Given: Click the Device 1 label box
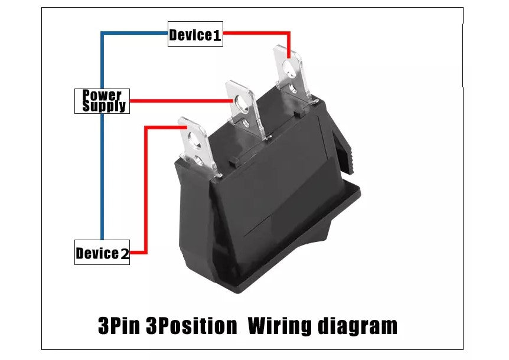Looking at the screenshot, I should coord(195,35).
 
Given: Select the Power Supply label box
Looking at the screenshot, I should coord(102,100).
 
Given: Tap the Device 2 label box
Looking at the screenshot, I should coord(102,253).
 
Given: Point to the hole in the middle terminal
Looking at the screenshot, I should coord(241,103).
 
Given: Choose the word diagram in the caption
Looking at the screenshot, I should coord(357,326).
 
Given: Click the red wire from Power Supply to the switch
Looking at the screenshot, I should coord(177,101).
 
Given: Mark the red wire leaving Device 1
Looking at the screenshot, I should coord(254,32).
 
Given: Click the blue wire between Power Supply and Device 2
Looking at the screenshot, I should coord(102,177).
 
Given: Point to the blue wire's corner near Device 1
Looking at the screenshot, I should coord(103,34).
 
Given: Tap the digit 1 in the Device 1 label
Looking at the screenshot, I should coord(217,35).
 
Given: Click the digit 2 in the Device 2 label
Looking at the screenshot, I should coord(124,254).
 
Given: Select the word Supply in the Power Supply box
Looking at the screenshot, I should coord(104,106).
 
